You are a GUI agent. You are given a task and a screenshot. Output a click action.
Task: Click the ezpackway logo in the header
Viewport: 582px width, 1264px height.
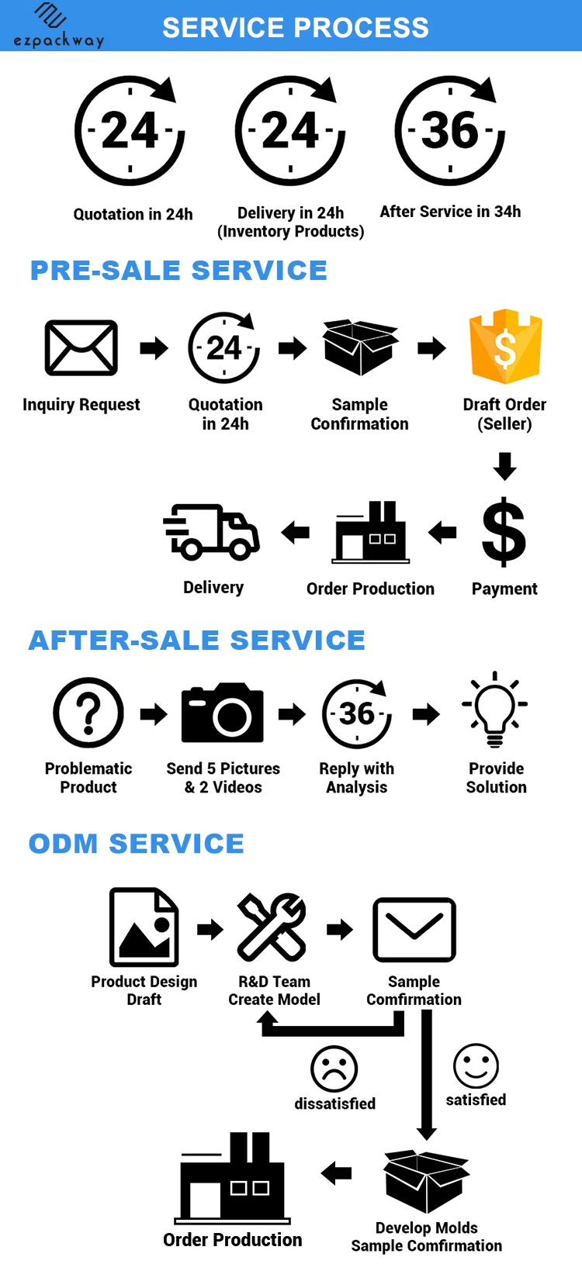tap(58, 26)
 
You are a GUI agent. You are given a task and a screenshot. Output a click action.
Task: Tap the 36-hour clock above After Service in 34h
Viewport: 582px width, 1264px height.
tap(450, 130)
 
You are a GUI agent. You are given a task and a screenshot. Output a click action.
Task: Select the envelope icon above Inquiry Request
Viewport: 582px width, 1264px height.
tap(81, 347)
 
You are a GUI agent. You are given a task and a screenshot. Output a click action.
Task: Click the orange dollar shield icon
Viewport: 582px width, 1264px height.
tap(505, 347)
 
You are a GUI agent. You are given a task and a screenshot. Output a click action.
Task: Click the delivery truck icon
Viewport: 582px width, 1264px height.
tap(212, 532)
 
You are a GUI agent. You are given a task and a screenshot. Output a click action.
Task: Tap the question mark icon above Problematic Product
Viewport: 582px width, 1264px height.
tap(88, 713)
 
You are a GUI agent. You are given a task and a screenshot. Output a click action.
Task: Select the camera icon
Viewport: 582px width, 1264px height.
tap(222, 713)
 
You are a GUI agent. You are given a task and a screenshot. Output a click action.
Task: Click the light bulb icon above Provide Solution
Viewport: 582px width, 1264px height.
tap(495, 709)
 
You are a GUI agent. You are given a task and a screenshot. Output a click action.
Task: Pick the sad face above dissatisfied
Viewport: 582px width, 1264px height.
tap(334, 1068)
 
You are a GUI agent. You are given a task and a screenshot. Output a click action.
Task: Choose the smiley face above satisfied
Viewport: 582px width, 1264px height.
tap(476, 1065)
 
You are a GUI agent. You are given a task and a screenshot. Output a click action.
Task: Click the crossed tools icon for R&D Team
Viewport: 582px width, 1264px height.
tap(272, 927)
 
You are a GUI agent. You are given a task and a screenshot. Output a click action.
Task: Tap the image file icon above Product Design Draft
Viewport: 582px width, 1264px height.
tap(144, 927)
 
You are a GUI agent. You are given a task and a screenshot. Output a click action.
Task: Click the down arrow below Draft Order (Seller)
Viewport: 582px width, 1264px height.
tap(505, 466)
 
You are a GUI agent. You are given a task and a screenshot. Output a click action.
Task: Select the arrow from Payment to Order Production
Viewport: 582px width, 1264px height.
tap(442, 533)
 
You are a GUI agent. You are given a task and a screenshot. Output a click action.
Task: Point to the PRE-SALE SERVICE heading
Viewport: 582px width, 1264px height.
tap(178, 271)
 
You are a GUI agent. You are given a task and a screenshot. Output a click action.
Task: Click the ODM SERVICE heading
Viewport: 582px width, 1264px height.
tap(137, 844)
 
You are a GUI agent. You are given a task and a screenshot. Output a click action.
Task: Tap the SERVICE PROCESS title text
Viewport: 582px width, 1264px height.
tap(295, 28)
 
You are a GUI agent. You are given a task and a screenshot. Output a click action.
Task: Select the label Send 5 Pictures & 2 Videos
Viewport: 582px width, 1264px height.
tap(223, 778)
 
